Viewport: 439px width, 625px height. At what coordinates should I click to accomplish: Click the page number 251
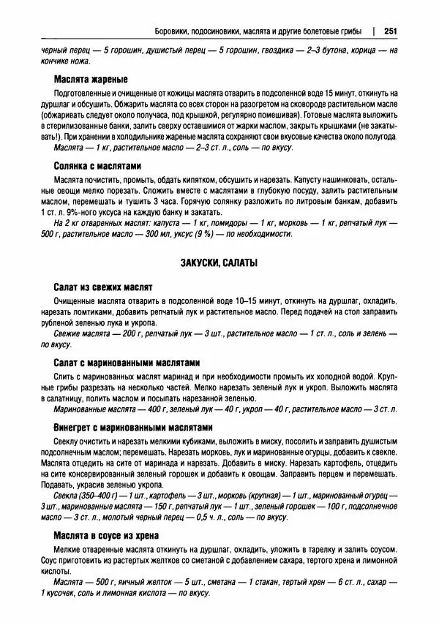click(389, 31)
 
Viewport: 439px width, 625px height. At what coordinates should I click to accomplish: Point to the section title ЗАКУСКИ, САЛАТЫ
click(218, 262)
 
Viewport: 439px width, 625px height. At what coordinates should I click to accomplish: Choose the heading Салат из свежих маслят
click(102, 287)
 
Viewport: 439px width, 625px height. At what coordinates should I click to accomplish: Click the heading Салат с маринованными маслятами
click(126, 363)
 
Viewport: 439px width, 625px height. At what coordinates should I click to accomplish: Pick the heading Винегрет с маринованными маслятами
click(132, 428)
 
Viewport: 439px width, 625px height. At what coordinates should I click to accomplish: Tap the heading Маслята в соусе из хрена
click(116, 536)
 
